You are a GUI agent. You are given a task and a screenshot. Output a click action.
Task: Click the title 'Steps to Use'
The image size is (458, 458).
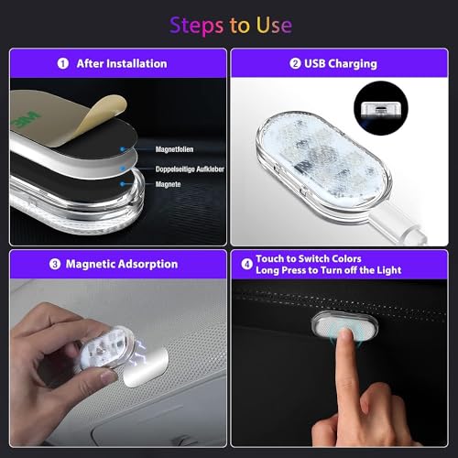(x=231, y=26)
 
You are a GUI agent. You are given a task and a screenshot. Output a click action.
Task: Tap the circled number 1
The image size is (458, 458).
(x=63, y=64)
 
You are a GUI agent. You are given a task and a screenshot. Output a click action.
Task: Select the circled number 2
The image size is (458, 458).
(x=295, y=63)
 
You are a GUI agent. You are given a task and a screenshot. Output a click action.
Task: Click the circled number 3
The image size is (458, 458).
(x=55, y=264)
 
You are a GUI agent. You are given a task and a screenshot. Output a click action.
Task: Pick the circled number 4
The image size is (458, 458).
(x=246, y=265)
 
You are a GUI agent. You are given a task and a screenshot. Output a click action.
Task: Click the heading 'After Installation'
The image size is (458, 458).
(x=122, y=64)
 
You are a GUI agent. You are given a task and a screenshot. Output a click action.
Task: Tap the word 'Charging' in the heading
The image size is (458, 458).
(x=353, y=64)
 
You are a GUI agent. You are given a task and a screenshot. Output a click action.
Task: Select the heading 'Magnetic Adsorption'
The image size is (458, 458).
(x=122, y=264)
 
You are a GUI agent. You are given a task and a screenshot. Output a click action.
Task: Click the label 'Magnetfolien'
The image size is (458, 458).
(x=174, y=149)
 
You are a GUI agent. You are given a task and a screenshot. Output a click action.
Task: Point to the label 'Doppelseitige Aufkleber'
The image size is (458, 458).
(x=190, y=169)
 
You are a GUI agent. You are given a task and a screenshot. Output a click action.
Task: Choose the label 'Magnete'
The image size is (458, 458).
(x=168, y=184)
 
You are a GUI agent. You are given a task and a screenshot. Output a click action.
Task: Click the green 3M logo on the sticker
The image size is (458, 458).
(x=26, y=120)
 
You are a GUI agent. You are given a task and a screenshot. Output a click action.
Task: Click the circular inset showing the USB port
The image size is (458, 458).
(x=381, y=108)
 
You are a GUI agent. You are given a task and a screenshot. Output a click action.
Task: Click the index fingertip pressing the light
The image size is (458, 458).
(x=345, y=335)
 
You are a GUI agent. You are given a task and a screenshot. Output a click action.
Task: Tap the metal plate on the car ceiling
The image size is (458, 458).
(x=146, y=367)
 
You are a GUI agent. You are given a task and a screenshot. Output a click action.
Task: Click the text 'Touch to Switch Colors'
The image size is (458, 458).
(x=309, y=259)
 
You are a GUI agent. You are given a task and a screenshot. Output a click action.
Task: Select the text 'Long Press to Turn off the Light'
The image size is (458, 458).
(x=329, y=270)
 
